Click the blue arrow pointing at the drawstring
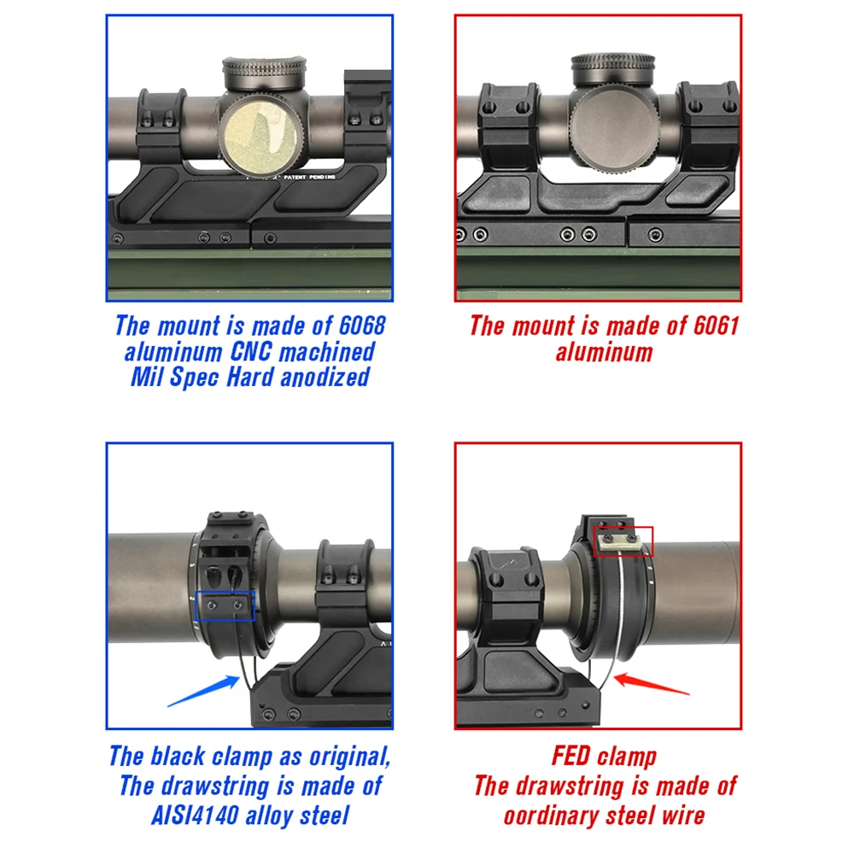tap(203, 691)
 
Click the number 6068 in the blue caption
tap(362, 325)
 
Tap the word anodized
tap(325, 377)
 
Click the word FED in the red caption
tap(570, 756)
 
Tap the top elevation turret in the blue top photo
tap(264, 73)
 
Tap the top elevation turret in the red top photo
tap(613, 70)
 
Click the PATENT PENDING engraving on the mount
tap(309, 178)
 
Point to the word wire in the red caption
tap(683, 816)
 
